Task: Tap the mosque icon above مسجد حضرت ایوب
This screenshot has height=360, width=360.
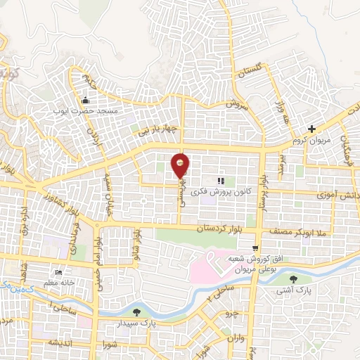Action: (86, 99)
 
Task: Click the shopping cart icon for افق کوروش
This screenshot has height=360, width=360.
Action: (255, 247)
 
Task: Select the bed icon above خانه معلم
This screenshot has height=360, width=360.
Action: (60, 272)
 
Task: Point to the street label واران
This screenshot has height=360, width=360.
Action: (235, 338)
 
